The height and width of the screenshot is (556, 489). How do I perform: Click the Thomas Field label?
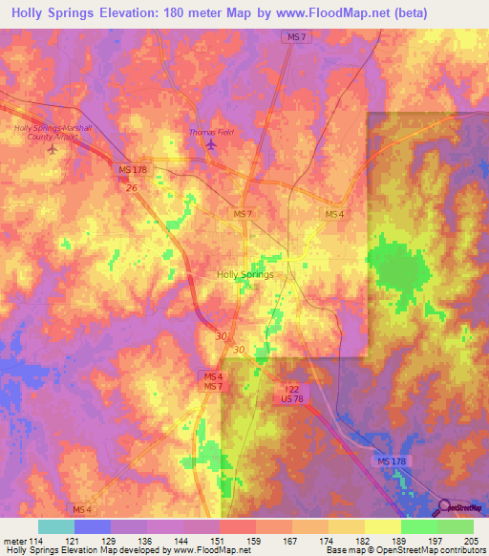211,132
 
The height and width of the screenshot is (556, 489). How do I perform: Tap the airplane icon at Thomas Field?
211,144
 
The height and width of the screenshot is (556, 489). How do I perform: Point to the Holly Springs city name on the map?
245,274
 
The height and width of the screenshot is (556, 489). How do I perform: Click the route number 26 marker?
132,188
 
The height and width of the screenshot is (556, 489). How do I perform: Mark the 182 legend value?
365,542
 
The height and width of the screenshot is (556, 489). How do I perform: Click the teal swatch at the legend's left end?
55,526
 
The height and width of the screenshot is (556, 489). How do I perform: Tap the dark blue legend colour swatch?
92,526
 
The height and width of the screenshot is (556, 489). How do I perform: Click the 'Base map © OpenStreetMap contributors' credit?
404,550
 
